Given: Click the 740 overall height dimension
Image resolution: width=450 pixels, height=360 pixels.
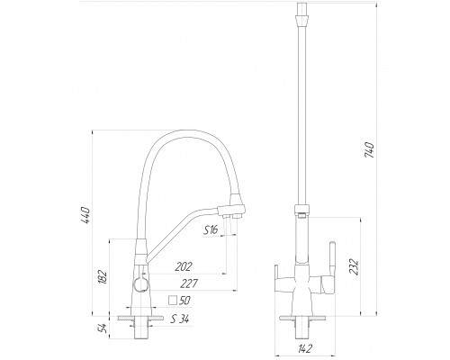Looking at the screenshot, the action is pos(369,150).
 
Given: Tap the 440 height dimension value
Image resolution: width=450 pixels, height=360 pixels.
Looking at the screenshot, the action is pos(86,215).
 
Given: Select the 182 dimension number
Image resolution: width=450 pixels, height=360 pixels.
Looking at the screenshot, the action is pos(103,277).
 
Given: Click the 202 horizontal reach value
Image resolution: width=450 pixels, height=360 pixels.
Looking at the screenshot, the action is pos(184,266).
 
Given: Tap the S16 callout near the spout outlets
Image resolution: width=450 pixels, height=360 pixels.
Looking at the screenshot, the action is pos(211,230).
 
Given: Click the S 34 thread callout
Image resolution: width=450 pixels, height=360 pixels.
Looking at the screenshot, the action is pos(180,319).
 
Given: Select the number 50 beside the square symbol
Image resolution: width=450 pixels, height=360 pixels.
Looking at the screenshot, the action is pos(184,301).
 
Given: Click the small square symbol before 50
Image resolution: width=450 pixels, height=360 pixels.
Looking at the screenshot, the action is pos(173,301).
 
